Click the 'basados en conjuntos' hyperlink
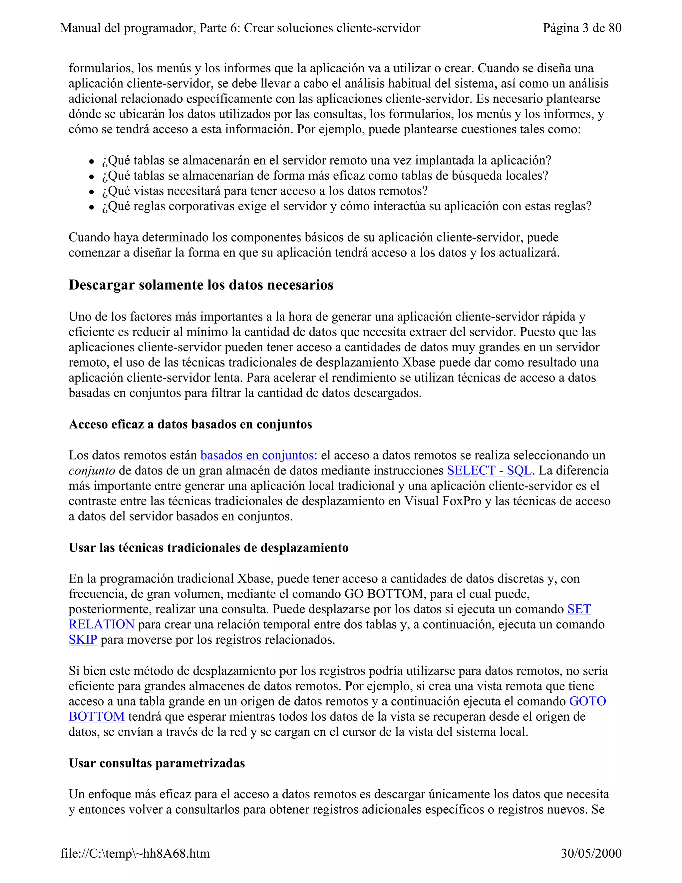point(257,455)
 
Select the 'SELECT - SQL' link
point(489,470)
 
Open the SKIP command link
point(83,640)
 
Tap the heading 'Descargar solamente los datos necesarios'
point(201,285)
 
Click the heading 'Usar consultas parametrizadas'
point(157,763)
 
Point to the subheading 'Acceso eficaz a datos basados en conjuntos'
point(190,424)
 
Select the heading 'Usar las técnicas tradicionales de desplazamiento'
point(208,548)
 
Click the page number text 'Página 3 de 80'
point(582,28)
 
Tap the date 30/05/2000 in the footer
point(591,853)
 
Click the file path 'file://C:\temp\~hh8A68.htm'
point(135,853)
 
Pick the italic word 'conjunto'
point(92,470)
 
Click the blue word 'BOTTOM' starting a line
point(97,716)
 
